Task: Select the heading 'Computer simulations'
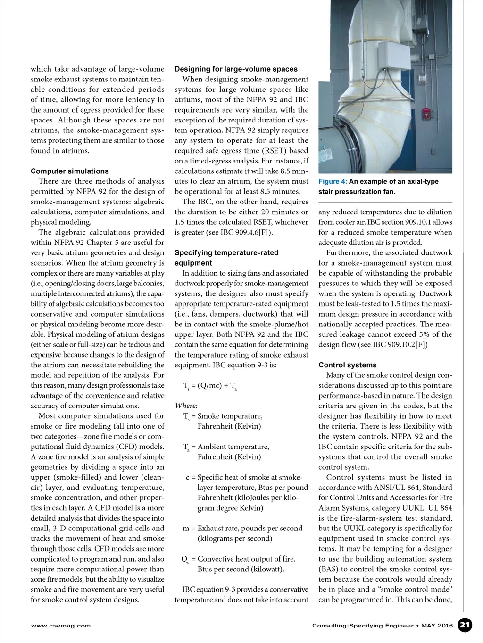69,171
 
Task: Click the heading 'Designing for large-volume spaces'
236,69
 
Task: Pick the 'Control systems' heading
347,365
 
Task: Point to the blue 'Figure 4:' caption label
333,182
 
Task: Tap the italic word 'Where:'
186,406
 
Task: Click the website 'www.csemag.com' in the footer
60,626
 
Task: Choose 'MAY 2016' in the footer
437,626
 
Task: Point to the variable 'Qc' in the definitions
185,559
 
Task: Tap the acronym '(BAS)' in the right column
329,569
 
